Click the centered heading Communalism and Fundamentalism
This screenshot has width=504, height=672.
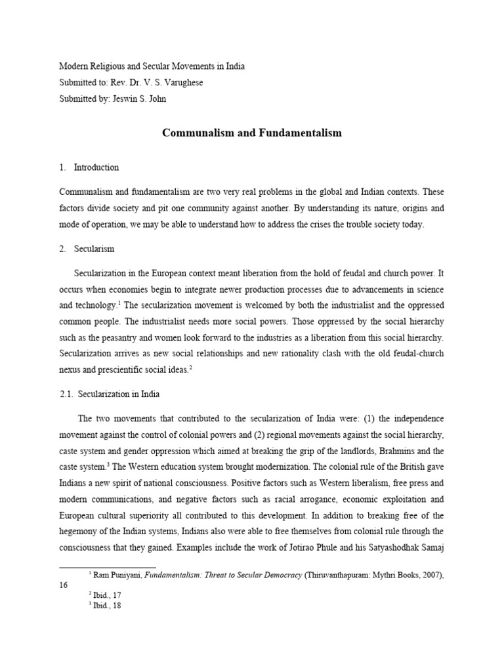252,133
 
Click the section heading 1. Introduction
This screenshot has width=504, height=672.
89,167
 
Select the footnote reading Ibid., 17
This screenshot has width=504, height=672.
108,595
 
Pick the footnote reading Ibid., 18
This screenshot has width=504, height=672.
108,606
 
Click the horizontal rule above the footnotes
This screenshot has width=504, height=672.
108,566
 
